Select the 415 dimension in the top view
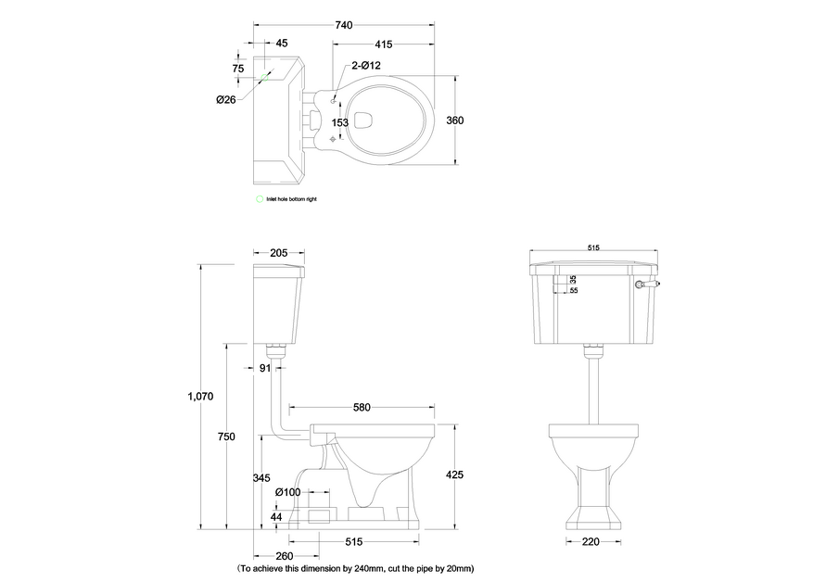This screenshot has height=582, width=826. (385, 44)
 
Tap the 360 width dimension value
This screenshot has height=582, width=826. (455, 120)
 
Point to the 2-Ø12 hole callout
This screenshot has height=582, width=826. (364, 66)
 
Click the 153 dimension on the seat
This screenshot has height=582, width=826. (339, 122)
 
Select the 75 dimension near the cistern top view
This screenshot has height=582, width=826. (238, 69)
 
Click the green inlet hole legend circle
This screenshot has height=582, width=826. (260, 199)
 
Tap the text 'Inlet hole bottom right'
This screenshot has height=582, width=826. (292, 199)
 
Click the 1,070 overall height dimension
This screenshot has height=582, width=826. (201, 396)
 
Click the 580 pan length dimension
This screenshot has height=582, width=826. (362, 407)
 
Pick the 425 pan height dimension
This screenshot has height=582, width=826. (454, 475)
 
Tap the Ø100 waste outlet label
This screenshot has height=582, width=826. (286, 491)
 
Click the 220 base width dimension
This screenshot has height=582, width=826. (589, 542)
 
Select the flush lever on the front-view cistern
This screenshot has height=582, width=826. (639, 285)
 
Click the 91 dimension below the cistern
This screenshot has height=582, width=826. (264, 368)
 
